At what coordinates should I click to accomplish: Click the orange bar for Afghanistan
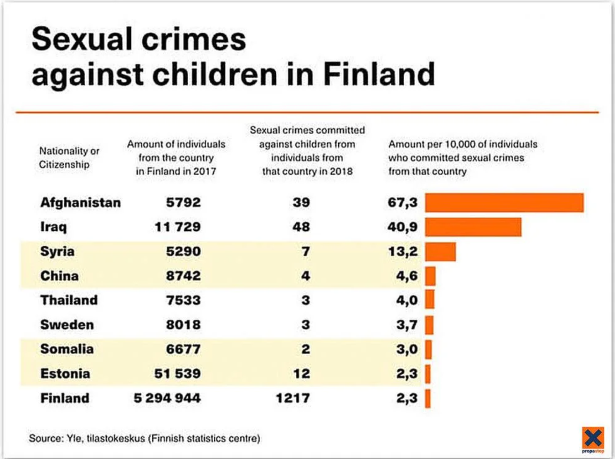point(504,203)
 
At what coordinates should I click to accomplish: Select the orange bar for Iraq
point(473,227)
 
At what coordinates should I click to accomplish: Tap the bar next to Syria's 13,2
point(440,251)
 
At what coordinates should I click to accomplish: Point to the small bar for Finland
point(428,399)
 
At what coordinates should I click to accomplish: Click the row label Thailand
point(69,300)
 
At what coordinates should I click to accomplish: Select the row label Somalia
point(67,349)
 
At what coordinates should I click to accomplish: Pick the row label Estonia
point(65,374)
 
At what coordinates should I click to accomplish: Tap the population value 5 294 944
point(167,399)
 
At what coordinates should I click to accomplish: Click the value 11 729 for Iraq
point(177,227)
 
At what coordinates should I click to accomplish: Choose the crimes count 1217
point(293,399)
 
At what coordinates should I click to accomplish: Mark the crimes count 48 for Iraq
point(301,227)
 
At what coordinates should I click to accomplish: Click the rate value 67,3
point(402,203)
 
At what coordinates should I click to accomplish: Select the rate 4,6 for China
point(407,276)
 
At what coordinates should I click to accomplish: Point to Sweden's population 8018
point(183,325)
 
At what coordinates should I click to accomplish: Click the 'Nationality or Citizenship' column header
point(69,158)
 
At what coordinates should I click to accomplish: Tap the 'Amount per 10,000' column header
point(462,158)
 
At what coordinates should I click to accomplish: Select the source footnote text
point(144,438)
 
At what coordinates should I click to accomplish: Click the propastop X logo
point(593,438)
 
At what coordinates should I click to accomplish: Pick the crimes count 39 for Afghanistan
point(301,203)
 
